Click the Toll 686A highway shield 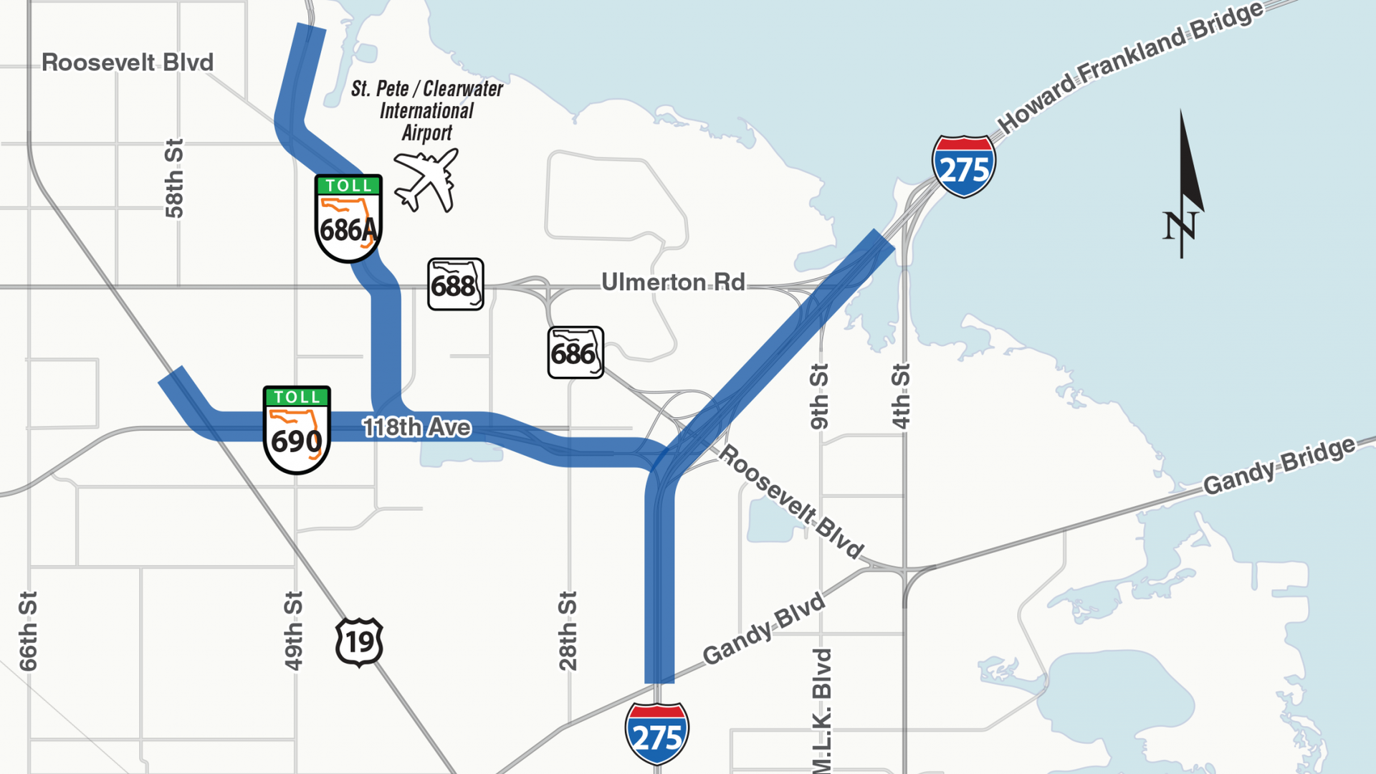click(x=348, y=218)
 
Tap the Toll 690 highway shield click(x=297, y=429)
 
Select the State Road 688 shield click(x=456, y=285)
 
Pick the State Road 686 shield click(x=575, y=353)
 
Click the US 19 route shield click(x=359, y=642)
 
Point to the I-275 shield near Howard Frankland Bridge click(x=964, y=166)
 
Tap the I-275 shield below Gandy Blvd click(x=657, y=733)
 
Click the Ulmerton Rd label click(x=673, y=282)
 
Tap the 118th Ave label click(x=416, y=427)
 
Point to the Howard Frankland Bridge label click(x=1129, y=67)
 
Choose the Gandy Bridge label click(x=1279, y=466)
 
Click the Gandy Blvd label click(x=764, y=629)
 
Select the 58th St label click(x=174, y=178)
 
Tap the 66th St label click(x=28, y=631)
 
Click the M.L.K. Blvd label click(x=822, y=709)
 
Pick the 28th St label click(x=568, y=631)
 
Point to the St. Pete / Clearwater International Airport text click(x=427, y=110)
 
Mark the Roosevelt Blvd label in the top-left click(x=128, y=62)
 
